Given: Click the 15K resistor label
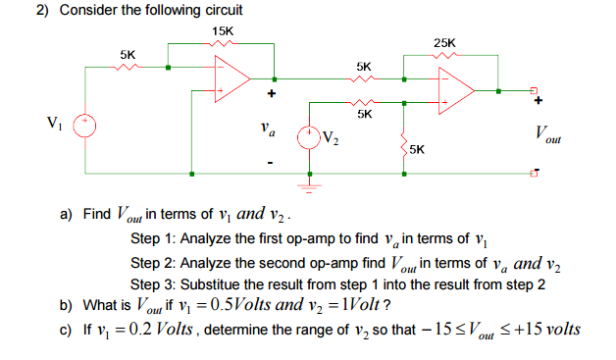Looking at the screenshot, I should pyautogui.click(x=223, y=31).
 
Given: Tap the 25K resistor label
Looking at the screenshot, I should pyautogui.click(x=443, y=42).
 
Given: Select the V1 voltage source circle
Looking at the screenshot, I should pyautogui.click(x=85, y=126).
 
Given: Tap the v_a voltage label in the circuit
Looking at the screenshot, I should pyautogui.click(x=267, y=128).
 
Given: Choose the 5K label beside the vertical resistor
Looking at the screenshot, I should pyautogui.click(x=418, y=149).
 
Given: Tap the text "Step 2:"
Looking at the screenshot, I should pyautogui.click(x=153, y=263).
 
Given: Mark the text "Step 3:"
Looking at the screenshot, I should pyautogui.click(x=153, y=284).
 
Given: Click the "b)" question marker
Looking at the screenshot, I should pyautogui.click(x=66, y=305).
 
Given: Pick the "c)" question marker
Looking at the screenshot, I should pyautogui.click(x=66, y=329).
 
